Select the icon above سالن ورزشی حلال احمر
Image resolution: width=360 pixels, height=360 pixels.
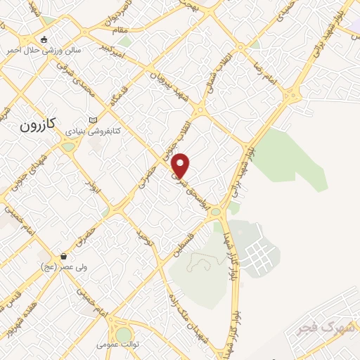(x=45, y=39)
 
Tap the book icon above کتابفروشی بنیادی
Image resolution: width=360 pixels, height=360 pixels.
(x=94, y=120)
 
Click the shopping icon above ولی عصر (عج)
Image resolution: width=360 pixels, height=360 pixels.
(x=64, y=256)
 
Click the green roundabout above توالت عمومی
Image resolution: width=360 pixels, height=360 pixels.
(x=124, y=334)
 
